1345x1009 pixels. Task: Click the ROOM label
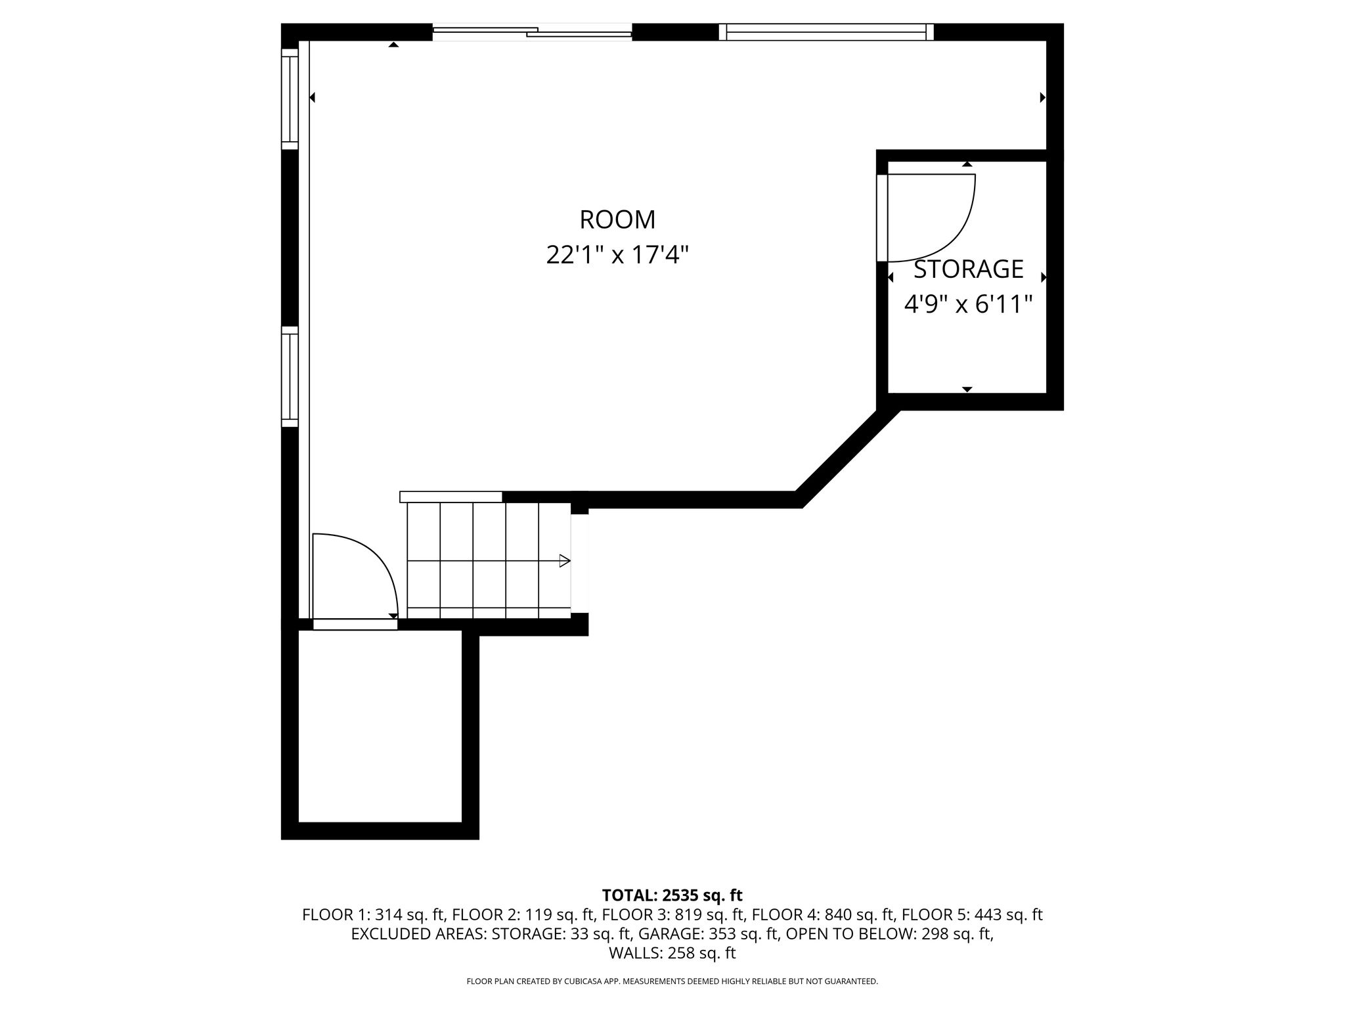[617, 219]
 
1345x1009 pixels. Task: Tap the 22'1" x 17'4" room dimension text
[617, 255]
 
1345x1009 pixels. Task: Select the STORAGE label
[969, 269]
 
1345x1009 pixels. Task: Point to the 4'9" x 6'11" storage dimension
[969, 304]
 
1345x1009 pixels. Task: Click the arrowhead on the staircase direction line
[564, 561]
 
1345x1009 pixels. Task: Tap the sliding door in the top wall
[532, 32]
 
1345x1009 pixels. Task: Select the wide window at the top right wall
[826, 32]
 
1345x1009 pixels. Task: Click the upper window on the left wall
[290, 99]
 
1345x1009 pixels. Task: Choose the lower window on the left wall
[290, 376]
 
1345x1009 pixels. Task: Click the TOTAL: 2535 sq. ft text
[672, 895]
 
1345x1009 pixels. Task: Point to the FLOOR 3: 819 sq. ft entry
[674, 914]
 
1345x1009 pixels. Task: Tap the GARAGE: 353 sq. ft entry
[709, 934]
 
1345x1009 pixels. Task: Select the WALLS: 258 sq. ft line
[672, 953]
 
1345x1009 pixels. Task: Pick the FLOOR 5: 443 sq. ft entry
[972, 914]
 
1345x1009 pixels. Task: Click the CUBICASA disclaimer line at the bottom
[672, 981]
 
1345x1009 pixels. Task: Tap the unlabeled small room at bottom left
[380, 727]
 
